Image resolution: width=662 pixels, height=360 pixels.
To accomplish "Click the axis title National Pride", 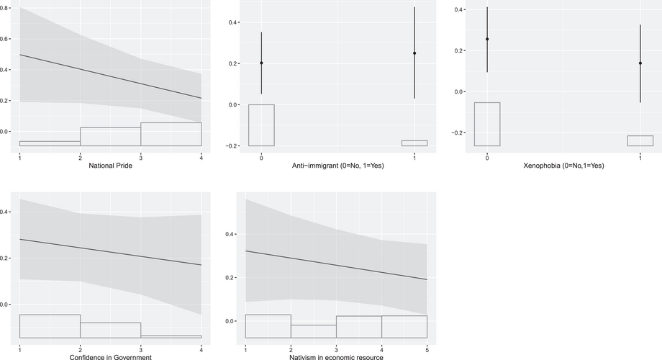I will [x=110, y=167].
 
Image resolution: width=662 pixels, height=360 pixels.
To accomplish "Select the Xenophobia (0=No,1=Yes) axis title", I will [x=563, y=167].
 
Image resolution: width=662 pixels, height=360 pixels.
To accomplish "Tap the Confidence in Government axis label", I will [x=110, y=357].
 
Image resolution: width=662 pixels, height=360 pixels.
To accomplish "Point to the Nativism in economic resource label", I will [x=337, y=357].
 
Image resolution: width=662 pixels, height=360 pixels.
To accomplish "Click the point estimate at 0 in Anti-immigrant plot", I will [x=261, y=63].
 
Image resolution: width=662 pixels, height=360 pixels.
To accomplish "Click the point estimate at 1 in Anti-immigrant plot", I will [x=414, y=53].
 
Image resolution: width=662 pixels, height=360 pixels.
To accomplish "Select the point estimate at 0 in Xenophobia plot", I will [x=487, y=39].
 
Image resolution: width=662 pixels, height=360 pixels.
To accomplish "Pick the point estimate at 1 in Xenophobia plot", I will [x=640, y=63].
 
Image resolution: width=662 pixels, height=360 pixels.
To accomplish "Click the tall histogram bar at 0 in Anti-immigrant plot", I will [x=261, y=125].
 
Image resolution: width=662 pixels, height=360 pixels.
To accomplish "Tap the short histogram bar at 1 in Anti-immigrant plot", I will [x=414, y=143].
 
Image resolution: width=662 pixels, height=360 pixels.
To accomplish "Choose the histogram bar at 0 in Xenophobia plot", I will [x=487, y=124].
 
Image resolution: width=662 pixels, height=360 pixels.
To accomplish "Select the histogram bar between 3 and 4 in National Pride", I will [x=171, y=134].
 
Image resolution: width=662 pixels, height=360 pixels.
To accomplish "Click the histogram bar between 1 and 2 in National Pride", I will [x=50, y=143].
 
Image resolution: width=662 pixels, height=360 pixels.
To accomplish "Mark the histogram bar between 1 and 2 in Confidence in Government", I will [x=50, y=326].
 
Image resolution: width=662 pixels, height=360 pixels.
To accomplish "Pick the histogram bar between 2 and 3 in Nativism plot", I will [x=314, y=331].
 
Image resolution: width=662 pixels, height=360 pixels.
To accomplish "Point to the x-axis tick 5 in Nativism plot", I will [x=427, y=348].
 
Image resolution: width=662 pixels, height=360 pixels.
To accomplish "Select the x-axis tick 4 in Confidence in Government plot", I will [x=201, y=348].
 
